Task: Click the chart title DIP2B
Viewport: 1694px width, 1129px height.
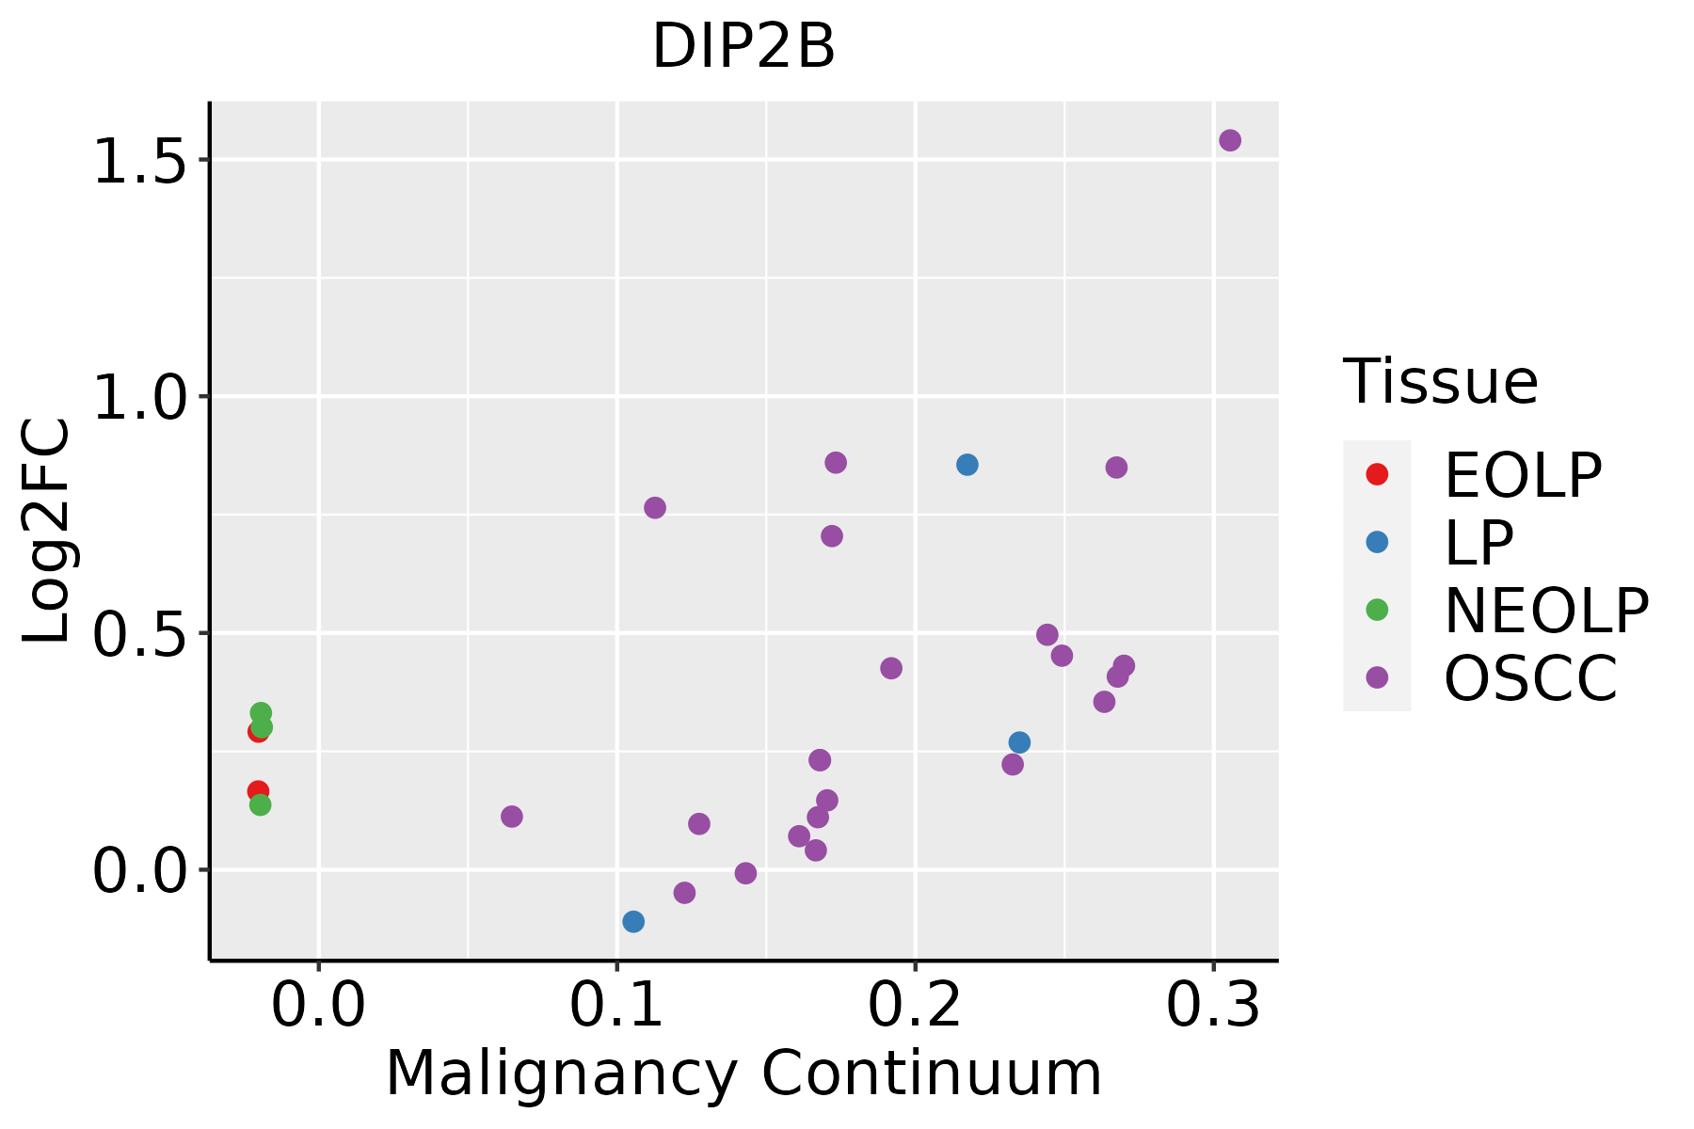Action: click(x=743, y=47)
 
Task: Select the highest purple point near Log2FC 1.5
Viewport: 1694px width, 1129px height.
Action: click(x=1230, y=140)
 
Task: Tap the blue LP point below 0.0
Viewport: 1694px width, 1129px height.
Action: click(x=633, y=921)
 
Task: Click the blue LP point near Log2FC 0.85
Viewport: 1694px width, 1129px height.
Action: click(x=967, y=465)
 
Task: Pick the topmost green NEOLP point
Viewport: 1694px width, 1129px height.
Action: click(x=261, y=713)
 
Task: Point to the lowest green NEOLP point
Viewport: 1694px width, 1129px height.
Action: click(x=261, y=804)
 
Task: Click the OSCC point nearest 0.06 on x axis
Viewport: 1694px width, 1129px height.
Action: click(x=512, y=816)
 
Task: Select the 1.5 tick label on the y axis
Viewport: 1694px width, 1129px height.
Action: click(x=137, y=162)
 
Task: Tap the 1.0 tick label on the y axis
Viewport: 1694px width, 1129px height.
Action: click(x=137, y=398)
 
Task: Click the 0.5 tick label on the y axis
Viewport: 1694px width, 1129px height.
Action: click(x=137, y=635)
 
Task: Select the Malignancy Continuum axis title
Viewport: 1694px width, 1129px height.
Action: click(x=743, y=1073)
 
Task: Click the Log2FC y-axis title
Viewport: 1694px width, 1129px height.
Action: click(x=47, y=531)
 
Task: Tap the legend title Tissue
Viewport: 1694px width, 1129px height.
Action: click(x=1441, y=382)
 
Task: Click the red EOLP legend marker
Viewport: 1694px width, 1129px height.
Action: click(x=1377, y=474)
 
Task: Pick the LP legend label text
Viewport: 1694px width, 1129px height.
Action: click(x=1478, y=543)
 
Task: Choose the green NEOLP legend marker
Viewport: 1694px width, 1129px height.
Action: click(x=1377, y=610)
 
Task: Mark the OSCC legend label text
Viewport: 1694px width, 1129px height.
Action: click(x=1530, y=678)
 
